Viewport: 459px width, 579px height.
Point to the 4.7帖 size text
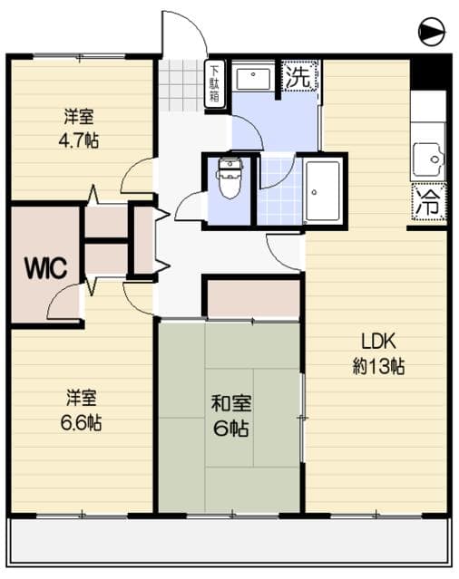pos(78,140)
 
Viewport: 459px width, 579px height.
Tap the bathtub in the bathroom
pos(322,190)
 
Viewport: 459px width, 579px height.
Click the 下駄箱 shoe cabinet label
pos(215,84)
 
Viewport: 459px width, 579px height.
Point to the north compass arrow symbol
pos(433,33)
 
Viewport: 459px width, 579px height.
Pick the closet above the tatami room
pos(252,298)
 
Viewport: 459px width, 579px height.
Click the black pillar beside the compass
pos(429,72)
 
